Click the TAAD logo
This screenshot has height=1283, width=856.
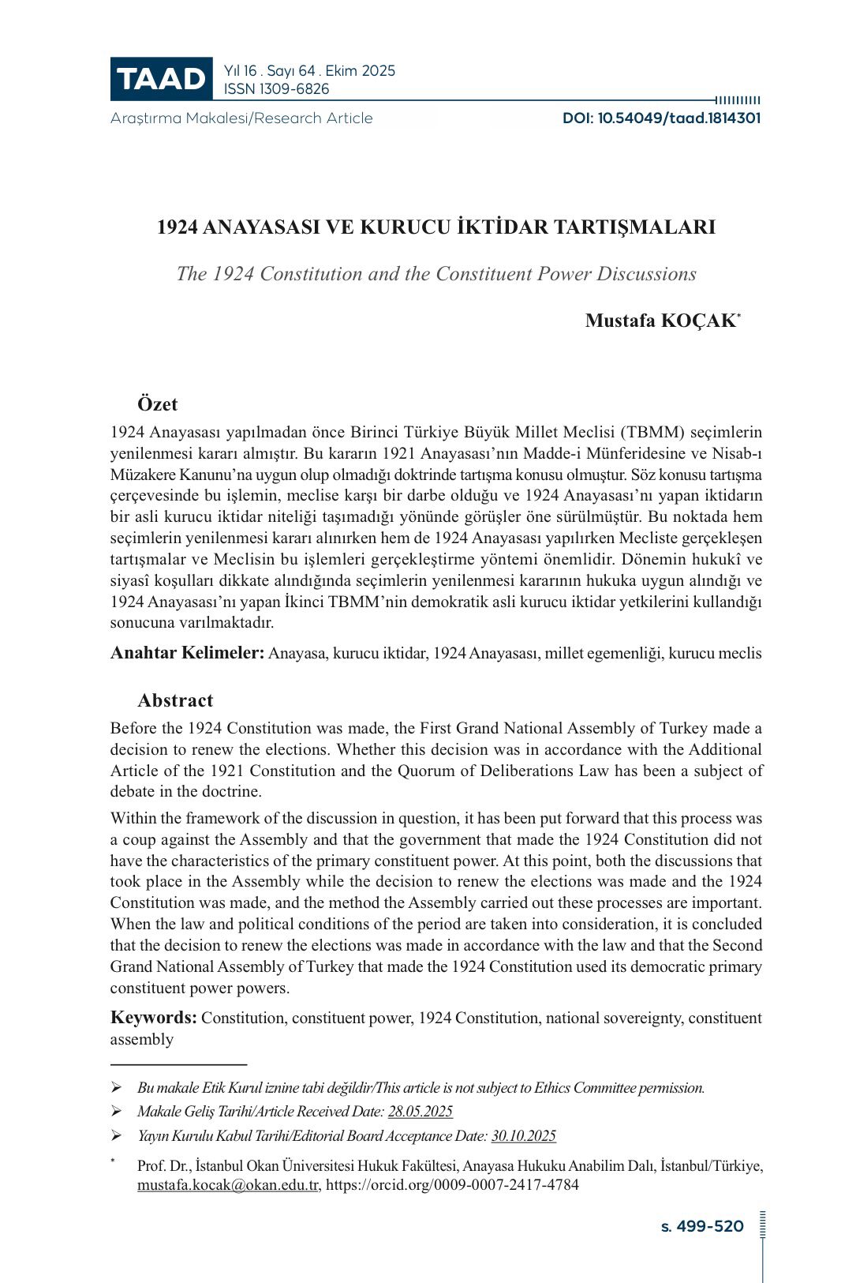tap(161, 79)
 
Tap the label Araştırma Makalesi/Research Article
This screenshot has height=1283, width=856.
tap(241, 118)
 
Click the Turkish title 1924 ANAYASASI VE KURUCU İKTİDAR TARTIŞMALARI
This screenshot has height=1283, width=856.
tap(436, 227)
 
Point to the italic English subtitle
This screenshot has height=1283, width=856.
tap(436, 274)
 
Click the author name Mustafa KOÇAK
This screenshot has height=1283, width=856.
tap(660, 321)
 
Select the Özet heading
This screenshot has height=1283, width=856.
tap(158, 404)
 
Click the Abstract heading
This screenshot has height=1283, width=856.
tap(175, 700)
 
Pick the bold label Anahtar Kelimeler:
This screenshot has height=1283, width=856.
tap(187, 653)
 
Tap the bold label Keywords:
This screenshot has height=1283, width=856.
tap(154, 1017)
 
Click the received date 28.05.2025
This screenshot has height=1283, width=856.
tap(420, 1112)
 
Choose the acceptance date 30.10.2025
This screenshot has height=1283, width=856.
tap(523, 1136)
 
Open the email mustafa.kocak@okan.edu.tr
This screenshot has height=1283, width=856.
tap(228, 1185)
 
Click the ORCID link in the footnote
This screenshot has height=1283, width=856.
tap(452, 1185)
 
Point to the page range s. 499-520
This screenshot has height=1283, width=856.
tap(702, 1226)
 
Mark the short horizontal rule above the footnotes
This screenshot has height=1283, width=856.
tap(178, 1064)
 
